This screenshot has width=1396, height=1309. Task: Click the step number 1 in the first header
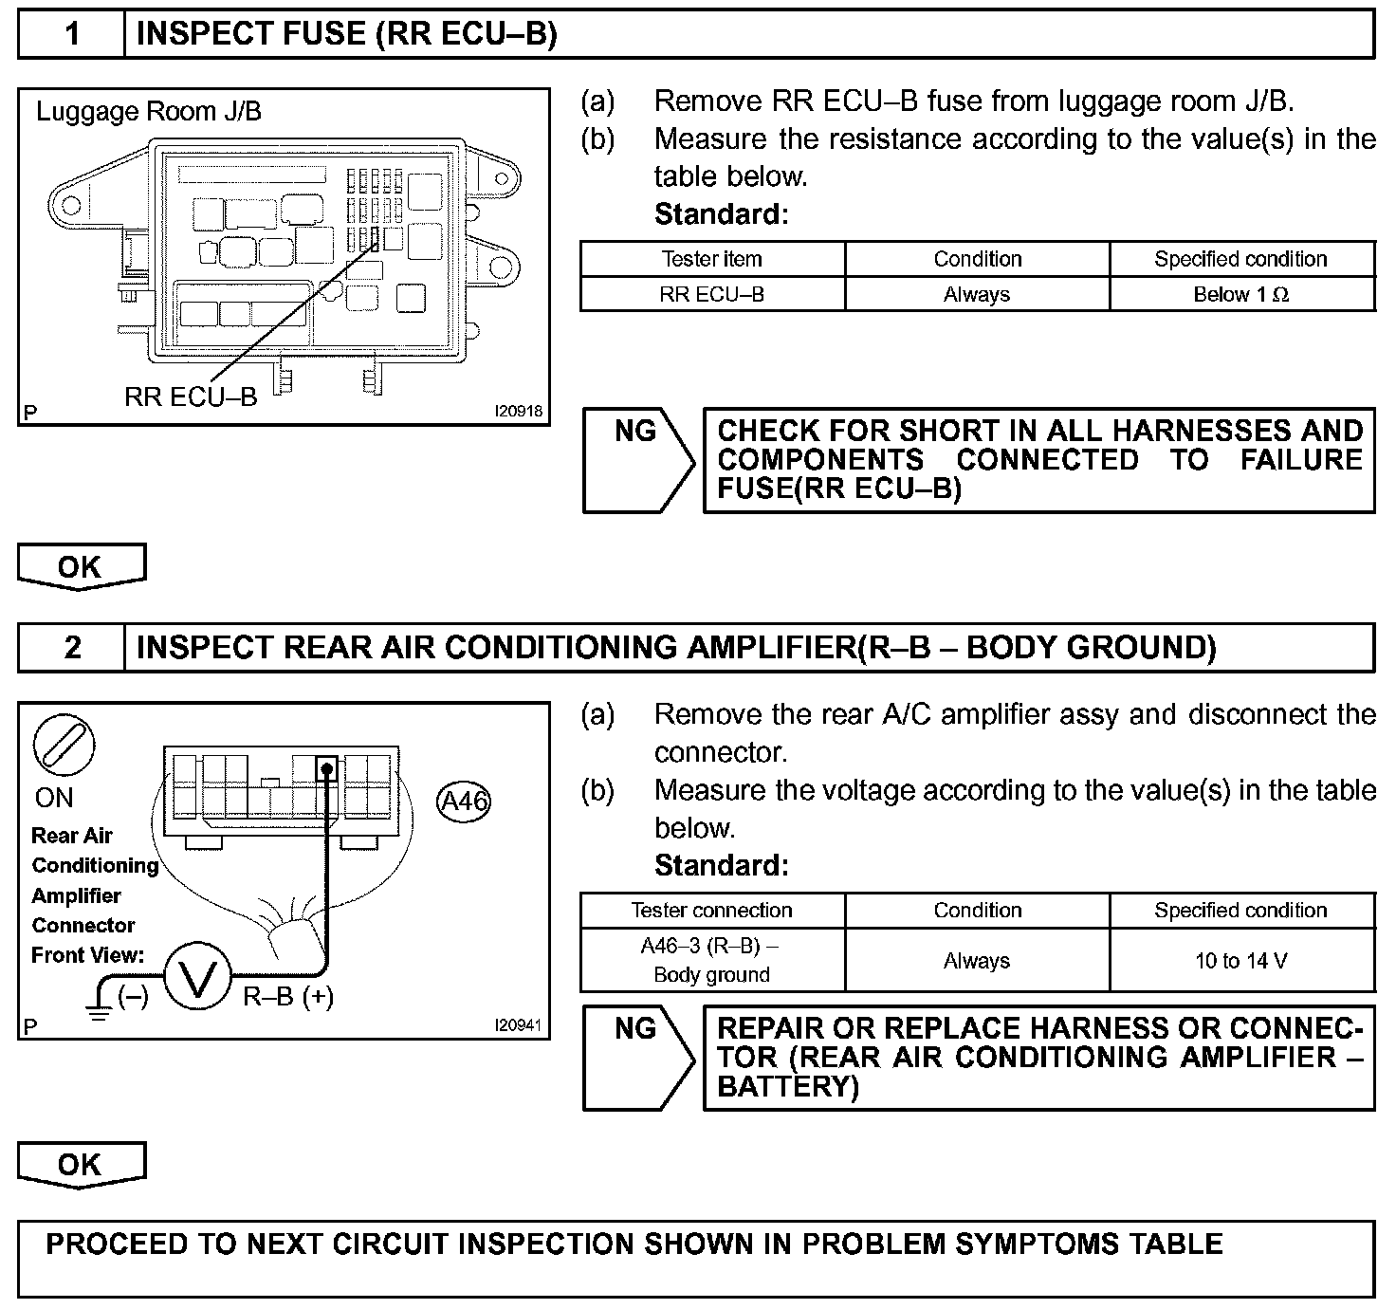pyautogui.click(x=72, y=35)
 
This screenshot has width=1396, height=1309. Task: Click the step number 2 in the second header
pyautogui.click(x=72, y=648)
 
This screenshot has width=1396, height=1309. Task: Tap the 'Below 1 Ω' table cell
pyautogui.click(x=1240, y=294)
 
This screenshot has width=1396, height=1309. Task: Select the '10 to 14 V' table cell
pyautogui.click(x=1240, y=961)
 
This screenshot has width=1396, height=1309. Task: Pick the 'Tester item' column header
pyautogui.click(x=711, y=259)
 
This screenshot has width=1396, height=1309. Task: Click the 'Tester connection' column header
pyautogui.click(x=711, y=911)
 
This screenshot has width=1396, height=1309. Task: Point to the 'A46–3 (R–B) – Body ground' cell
pyautogui.click(x=711, y=960)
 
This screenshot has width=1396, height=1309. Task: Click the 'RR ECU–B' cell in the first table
pyautogui.click(x=711, y=294)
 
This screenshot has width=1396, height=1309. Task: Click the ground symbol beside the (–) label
pyautogui.click(x=98, y=1007)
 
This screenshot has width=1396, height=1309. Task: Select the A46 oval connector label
pyautogui.click(x=465, y=802)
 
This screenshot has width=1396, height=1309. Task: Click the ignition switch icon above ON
pyautogui.click(x=64, y=744)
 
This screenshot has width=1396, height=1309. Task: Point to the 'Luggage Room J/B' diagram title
pyautogui.click(x=149, y=112)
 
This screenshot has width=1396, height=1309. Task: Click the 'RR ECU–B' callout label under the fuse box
pyautogui.click(x=191, y=396)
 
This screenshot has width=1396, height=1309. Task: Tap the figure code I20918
pyautogui.click(x=518, y=412)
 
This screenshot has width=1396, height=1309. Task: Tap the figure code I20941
pyautogui.click(x=518, y=1025)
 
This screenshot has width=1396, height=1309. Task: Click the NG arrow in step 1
pyautogui.click(x=638, y=460)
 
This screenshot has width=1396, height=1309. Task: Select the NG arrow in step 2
pyautogui.click(x=638, y=1057)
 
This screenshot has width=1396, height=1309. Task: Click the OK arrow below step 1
pyautogui.click(x=81, y=566)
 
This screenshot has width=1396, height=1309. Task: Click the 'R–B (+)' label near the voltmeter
pyautogui.click(x=288, y=997)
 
